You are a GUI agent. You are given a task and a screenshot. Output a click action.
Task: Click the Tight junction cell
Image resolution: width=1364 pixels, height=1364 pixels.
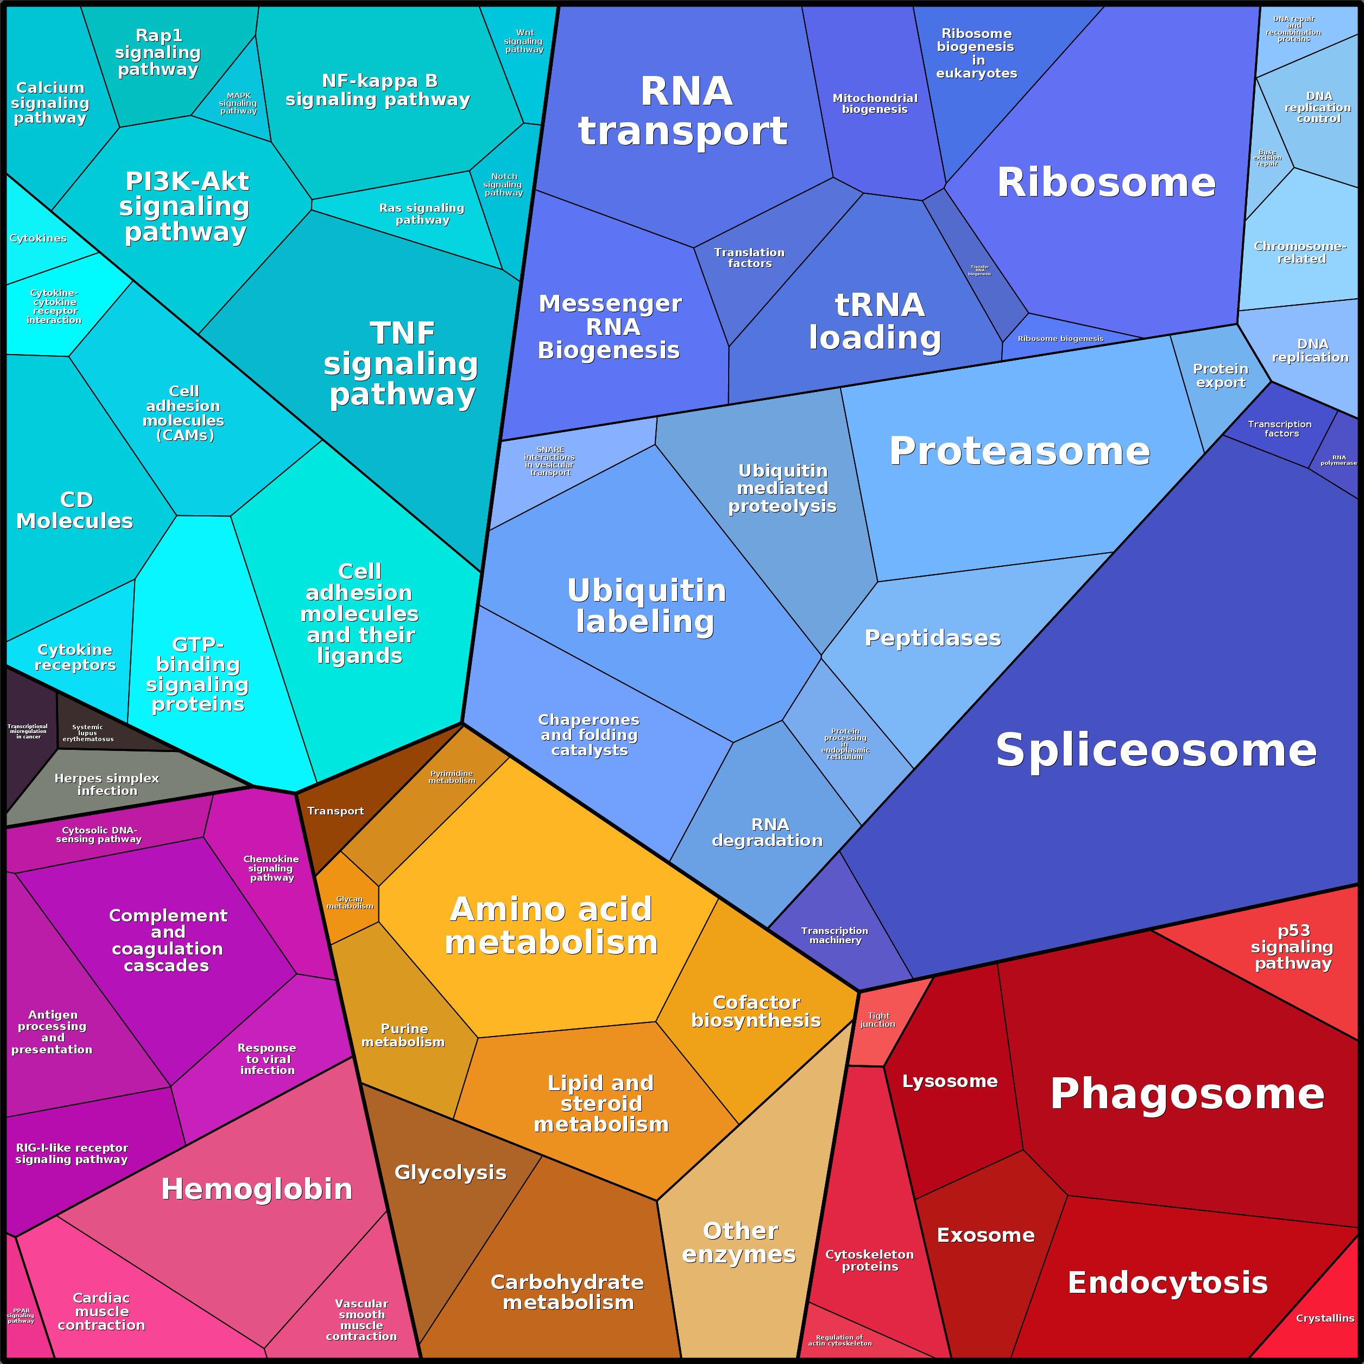(877, 1021)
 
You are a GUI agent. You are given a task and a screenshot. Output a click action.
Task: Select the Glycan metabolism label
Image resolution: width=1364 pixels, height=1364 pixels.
(350, 903)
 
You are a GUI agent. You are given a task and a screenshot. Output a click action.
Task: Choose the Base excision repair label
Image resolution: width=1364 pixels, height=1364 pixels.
(1267, 158)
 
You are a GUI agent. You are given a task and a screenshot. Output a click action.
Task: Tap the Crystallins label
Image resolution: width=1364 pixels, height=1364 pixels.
(1325, 1318)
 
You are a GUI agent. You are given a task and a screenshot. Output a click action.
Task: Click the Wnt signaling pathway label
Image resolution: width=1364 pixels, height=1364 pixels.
(524, 41)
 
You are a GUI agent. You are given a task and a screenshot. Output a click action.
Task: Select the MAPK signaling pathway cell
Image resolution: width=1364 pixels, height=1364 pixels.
(238, 103)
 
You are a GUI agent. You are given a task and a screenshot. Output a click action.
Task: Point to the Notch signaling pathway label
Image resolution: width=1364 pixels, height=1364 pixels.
(503, 184)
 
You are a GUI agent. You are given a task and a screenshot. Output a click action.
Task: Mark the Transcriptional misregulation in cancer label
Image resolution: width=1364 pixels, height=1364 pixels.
(28, 731)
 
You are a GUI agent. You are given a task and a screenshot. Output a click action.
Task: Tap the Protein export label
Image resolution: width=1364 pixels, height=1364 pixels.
(1221, 376)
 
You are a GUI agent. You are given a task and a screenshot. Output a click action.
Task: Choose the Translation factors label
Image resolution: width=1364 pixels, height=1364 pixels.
(749, 258)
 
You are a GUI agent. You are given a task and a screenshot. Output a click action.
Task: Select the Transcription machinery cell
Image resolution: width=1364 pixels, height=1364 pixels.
(835, 936)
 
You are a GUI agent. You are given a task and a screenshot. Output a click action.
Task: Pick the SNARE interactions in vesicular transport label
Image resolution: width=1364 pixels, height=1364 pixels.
(550, 461)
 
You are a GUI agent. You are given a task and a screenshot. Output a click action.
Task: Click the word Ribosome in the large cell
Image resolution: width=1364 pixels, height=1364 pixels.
(1106, 183)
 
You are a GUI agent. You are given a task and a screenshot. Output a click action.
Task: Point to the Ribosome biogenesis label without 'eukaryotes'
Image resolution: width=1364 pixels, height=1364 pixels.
(1060, 339)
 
